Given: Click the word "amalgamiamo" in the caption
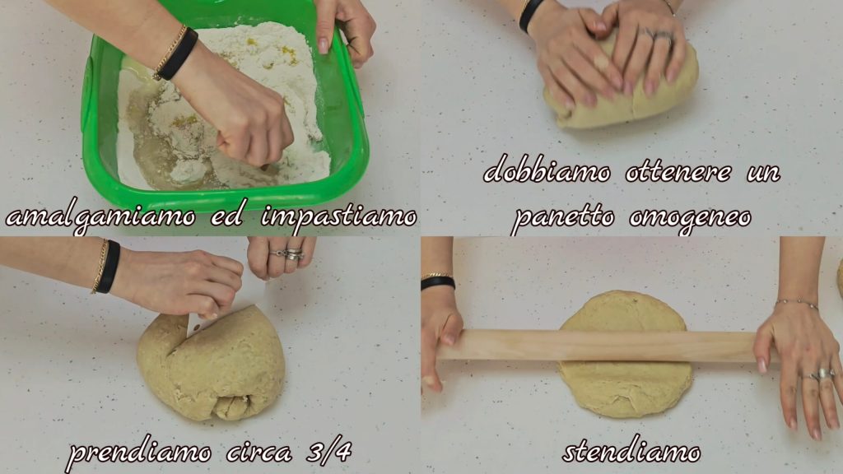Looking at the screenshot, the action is click(100, 217).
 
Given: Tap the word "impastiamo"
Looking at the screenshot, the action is click(338, 216).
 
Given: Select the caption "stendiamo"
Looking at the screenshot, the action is click(631, 452).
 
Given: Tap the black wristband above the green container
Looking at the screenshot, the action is click(178, 54).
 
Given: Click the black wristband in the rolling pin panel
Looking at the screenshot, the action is click(438, 283).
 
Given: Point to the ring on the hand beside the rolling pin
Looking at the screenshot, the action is click(823, 374).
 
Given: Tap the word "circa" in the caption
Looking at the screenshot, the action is click(259, 453).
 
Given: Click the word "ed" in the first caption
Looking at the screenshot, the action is click(227, 216).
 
